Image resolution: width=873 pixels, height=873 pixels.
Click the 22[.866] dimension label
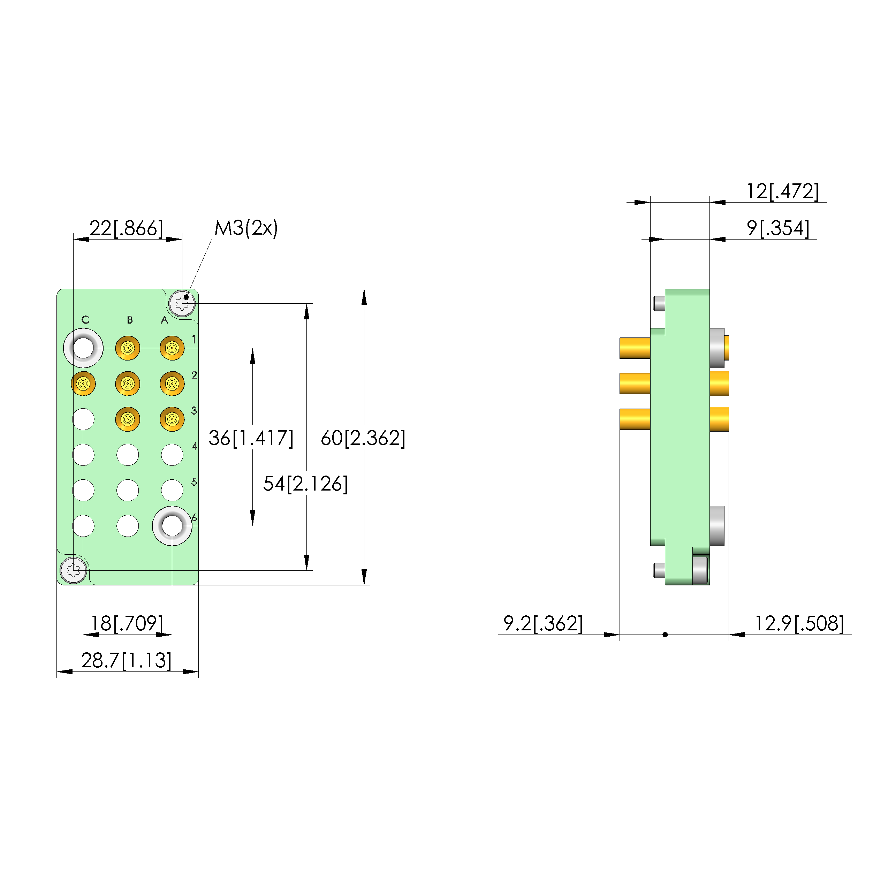point(126,228)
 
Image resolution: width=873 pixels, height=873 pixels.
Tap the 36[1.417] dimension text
point(251,438)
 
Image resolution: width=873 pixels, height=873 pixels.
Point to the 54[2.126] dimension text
point(305,484)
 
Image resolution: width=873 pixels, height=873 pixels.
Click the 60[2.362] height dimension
point(363,438)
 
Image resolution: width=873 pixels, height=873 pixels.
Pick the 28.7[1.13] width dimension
point(127,660)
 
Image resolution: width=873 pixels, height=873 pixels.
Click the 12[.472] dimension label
point(782,191)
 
